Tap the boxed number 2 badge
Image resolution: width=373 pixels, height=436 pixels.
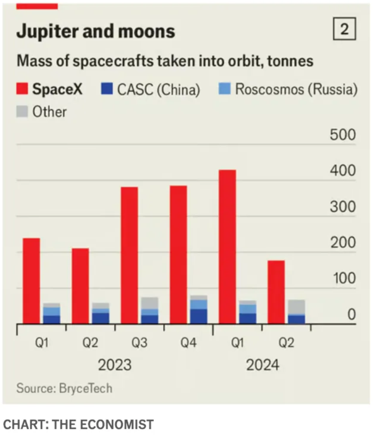(x=344, y=29)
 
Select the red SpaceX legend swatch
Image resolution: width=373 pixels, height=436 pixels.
(x=22, y=89)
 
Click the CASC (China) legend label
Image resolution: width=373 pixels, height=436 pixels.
(x=157, y=89)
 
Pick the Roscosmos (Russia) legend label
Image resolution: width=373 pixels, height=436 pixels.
(x=296, y=89)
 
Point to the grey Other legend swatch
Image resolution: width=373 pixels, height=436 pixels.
(x=22, y=112)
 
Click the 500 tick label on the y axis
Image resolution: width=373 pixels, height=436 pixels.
(x=343, y=136)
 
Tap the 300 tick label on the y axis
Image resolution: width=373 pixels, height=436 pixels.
(x=343, y=208)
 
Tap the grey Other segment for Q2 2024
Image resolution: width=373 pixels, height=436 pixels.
(x=296, y=306)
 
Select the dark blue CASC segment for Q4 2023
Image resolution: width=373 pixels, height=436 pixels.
(x=199, y=316)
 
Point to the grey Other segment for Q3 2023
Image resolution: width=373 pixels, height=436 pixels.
(x=150, y=303)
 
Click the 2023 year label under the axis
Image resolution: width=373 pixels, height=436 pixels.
(x=114, y=365)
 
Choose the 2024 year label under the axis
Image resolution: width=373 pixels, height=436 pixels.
(x=262, y=365)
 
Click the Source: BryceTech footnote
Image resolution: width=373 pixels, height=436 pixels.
(x=64, y=388)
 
